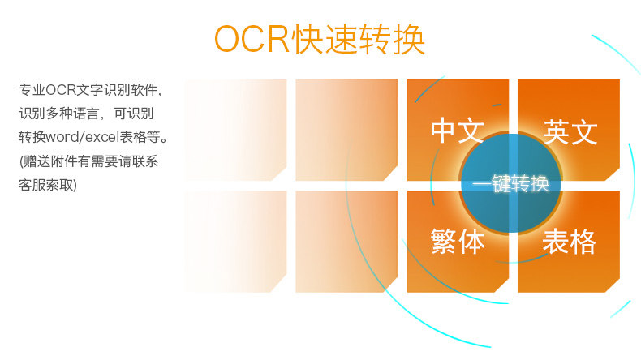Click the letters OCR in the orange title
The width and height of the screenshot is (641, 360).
tap(252, 39)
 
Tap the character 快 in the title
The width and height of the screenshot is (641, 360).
tap(308, 39)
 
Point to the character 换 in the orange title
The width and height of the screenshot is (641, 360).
tap(409, 39)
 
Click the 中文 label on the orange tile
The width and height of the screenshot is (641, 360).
tap(458, 131)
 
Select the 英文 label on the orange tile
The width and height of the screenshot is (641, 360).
tap(570, 131)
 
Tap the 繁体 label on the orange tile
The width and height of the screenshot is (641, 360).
tap(458, 241)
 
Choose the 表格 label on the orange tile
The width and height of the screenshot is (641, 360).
tap(569, 241)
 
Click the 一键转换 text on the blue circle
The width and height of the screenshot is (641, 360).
tap(510, 183)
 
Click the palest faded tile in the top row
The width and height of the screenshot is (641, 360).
tap(235, 130)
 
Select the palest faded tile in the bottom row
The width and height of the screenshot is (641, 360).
tap(235, 242)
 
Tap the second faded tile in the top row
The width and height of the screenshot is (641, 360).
tap(346, 130)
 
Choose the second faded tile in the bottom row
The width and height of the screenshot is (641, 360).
tap(346, 242)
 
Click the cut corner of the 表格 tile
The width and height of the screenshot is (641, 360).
tap(613, 285)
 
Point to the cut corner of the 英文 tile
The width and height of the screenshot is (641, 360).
tap(613, 174)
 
